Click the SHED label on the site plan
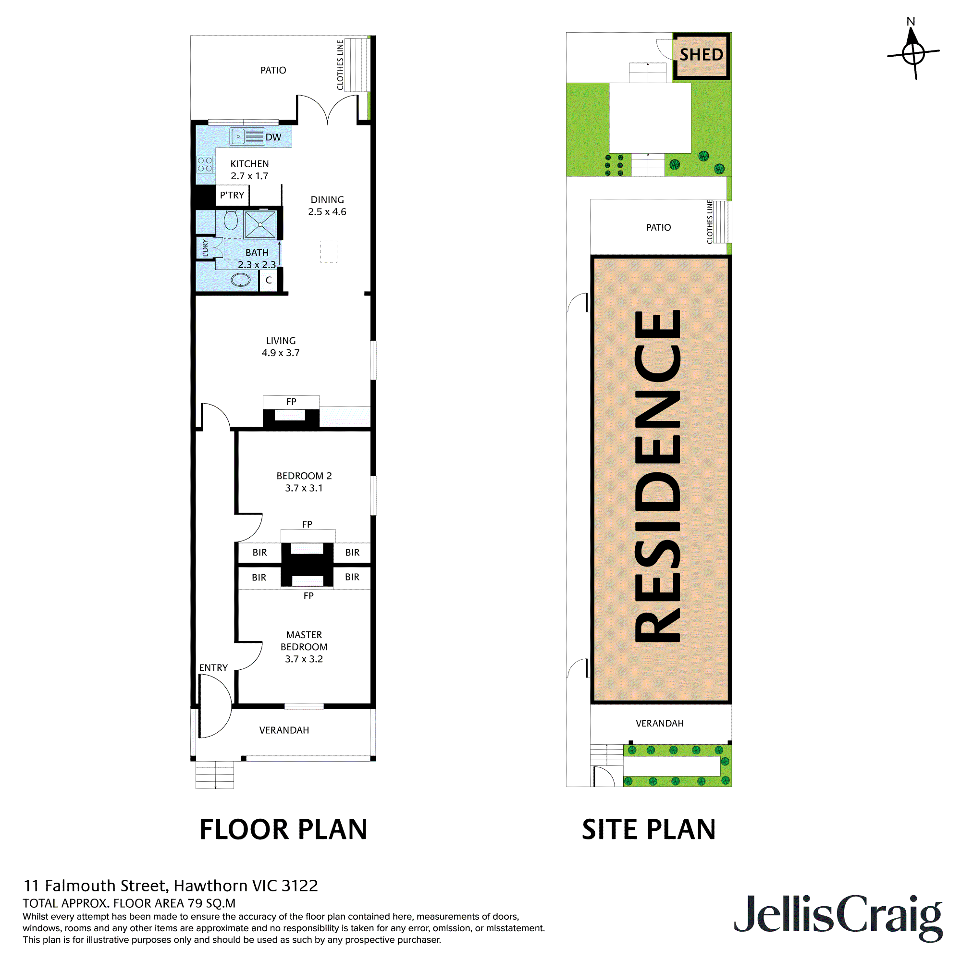[701, 55]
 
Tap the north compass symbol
[913, 52]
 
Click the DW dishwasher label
[273, 137]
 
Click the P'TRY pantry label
[232, 195]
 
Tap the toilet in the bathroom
[231, 220]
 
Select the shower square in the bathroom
[260, 225]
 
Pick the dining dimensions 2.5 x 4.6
[327, 212]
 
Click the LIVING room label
[281, 341]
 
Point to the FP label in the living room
[291, 401]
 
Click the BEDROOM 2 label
[304, 476]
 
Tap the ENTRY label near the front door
[213, 667]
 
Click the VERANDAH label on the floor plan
[284, 730]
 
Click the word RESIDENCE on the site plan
[657, 476]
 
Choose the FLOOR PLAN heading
[283, 830]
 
